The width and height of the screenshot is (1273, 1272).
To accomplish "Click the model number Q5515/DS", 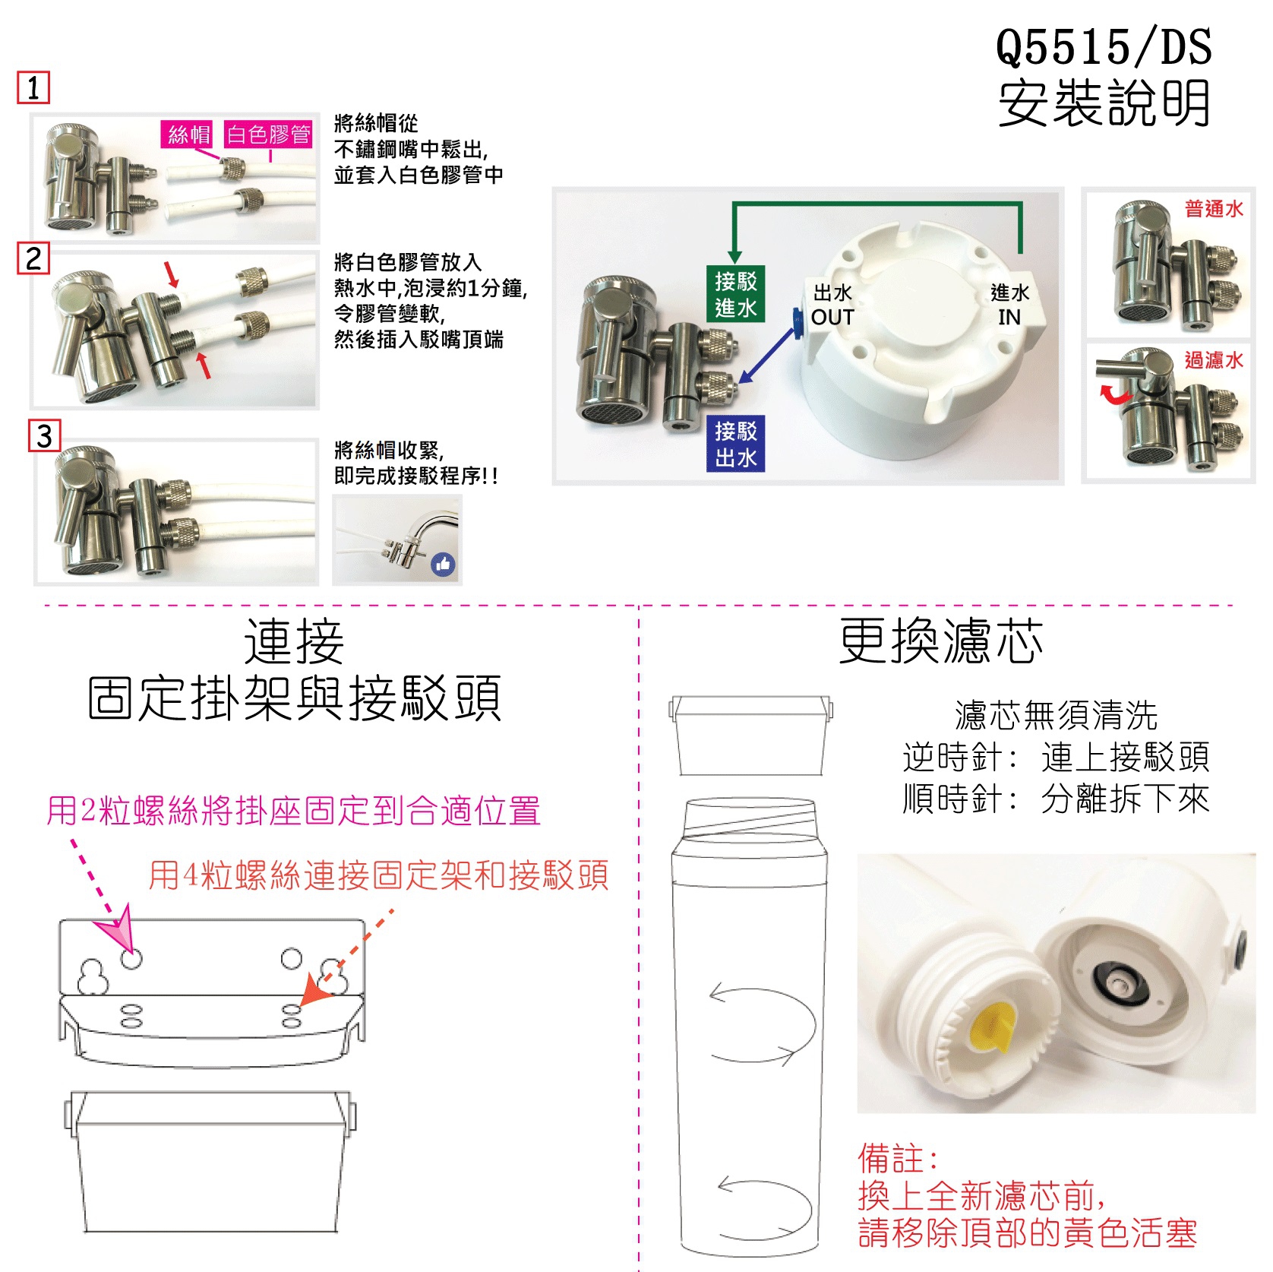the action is pos(1104,47).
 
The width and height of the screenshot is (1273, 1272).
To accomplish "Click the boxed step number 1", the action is pos(33,88).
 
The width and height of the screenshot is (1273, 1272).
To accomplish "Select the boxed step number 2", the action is pos(33,258).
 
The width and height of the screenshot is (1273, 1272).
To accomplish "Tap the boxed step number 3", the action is pos(44,436).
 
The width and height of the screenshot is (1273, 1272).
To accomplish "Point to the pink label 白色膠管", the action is pos(269,134).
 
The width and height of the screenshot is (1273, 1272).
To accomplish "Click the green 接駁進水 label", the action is pos(735,294).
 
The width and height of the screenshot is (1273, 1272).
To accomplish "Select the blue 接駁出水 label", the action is pos(735,444).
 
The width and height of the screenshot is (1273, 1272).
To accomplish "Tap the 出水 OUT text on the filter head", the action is pos(832,305).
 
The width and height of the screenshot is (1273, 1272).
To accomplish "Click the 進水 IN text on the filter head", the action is pos(1009,305).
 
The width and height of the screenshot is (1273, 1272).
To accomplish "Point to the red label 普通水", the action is pos(1214,208).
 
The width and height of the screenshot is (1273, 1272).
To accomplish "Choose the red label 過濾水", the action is pos(1214,359).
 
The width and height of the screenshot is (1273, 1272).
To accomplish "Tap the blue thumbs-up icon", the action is pos(444,564).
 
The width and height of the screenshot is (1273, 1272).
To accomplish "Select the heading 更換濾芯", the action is pos(941,641).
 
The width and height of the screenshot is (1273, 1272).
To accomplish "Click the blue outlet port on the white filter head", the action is pos(797,323).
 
